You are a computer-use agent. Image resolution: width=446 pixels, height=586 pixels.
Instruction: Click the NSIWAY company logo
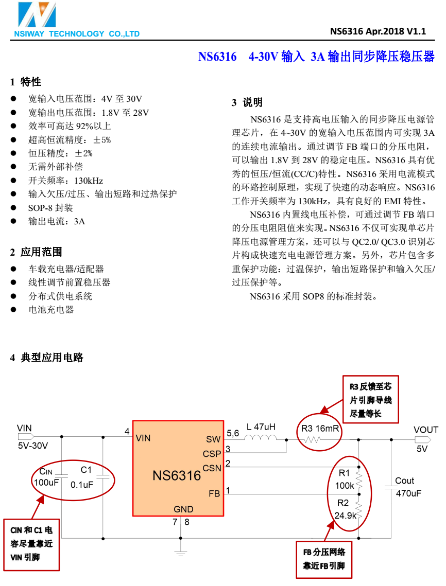[x=36, y=15]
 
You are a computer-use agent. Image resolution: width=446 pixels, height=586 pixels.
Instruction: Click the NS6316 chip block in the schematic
[x=178, y=468]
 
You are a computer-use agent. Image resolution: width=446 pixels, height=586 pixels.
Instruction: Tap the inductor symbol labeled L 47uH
[x=260, y=438]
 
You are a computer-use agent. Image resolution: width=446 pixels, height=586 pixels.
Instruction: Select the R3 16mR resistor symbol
[x=312, y=439]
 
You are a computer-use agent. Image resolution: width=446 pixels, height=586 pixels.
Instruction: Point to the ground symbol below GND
[x=180, y=553]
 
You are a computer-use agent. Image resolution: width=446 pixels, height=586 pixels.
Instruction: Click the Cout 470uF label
[x=408, y=487]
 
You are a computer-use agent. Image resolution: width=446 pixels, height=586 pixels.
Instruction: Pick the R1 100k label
[x=345, y=479]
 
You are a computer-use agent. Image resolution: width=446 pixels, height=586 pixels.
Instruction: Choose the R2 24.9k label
[x=345, y=509]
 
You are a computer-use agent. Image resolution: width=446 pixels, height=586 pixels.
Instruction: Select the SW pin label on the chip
[x=213, y=439]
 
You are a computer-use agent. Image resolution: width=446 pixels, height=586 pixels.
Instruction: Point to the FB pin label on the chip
[x=214, y=493]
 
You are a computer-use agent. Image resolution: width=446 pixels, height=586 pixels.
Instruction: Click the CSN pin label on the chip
[x=212, y=468]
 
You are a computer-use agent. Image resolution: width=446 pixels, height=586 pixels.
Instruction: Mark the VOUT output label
[x=426, y=430]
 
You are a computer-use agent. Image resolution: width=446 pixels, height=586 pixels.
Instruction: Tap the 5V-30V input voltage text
[x=33, y=446]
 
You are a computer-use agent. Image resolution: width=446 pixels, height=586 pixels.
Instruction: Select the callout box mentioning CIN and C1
[x=31, y=543]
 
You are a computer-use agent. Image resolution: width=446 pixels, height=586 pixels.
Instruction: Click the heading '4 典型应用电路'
[x=47, y=357]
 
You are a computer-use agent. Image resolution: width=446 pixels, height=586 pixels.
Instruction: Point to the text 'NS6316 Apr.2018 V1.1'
[x=378, y=31]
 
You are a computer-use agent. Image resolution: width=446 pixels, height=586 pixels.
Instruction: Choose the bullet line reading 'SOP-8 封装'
[x=50, y=208]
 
